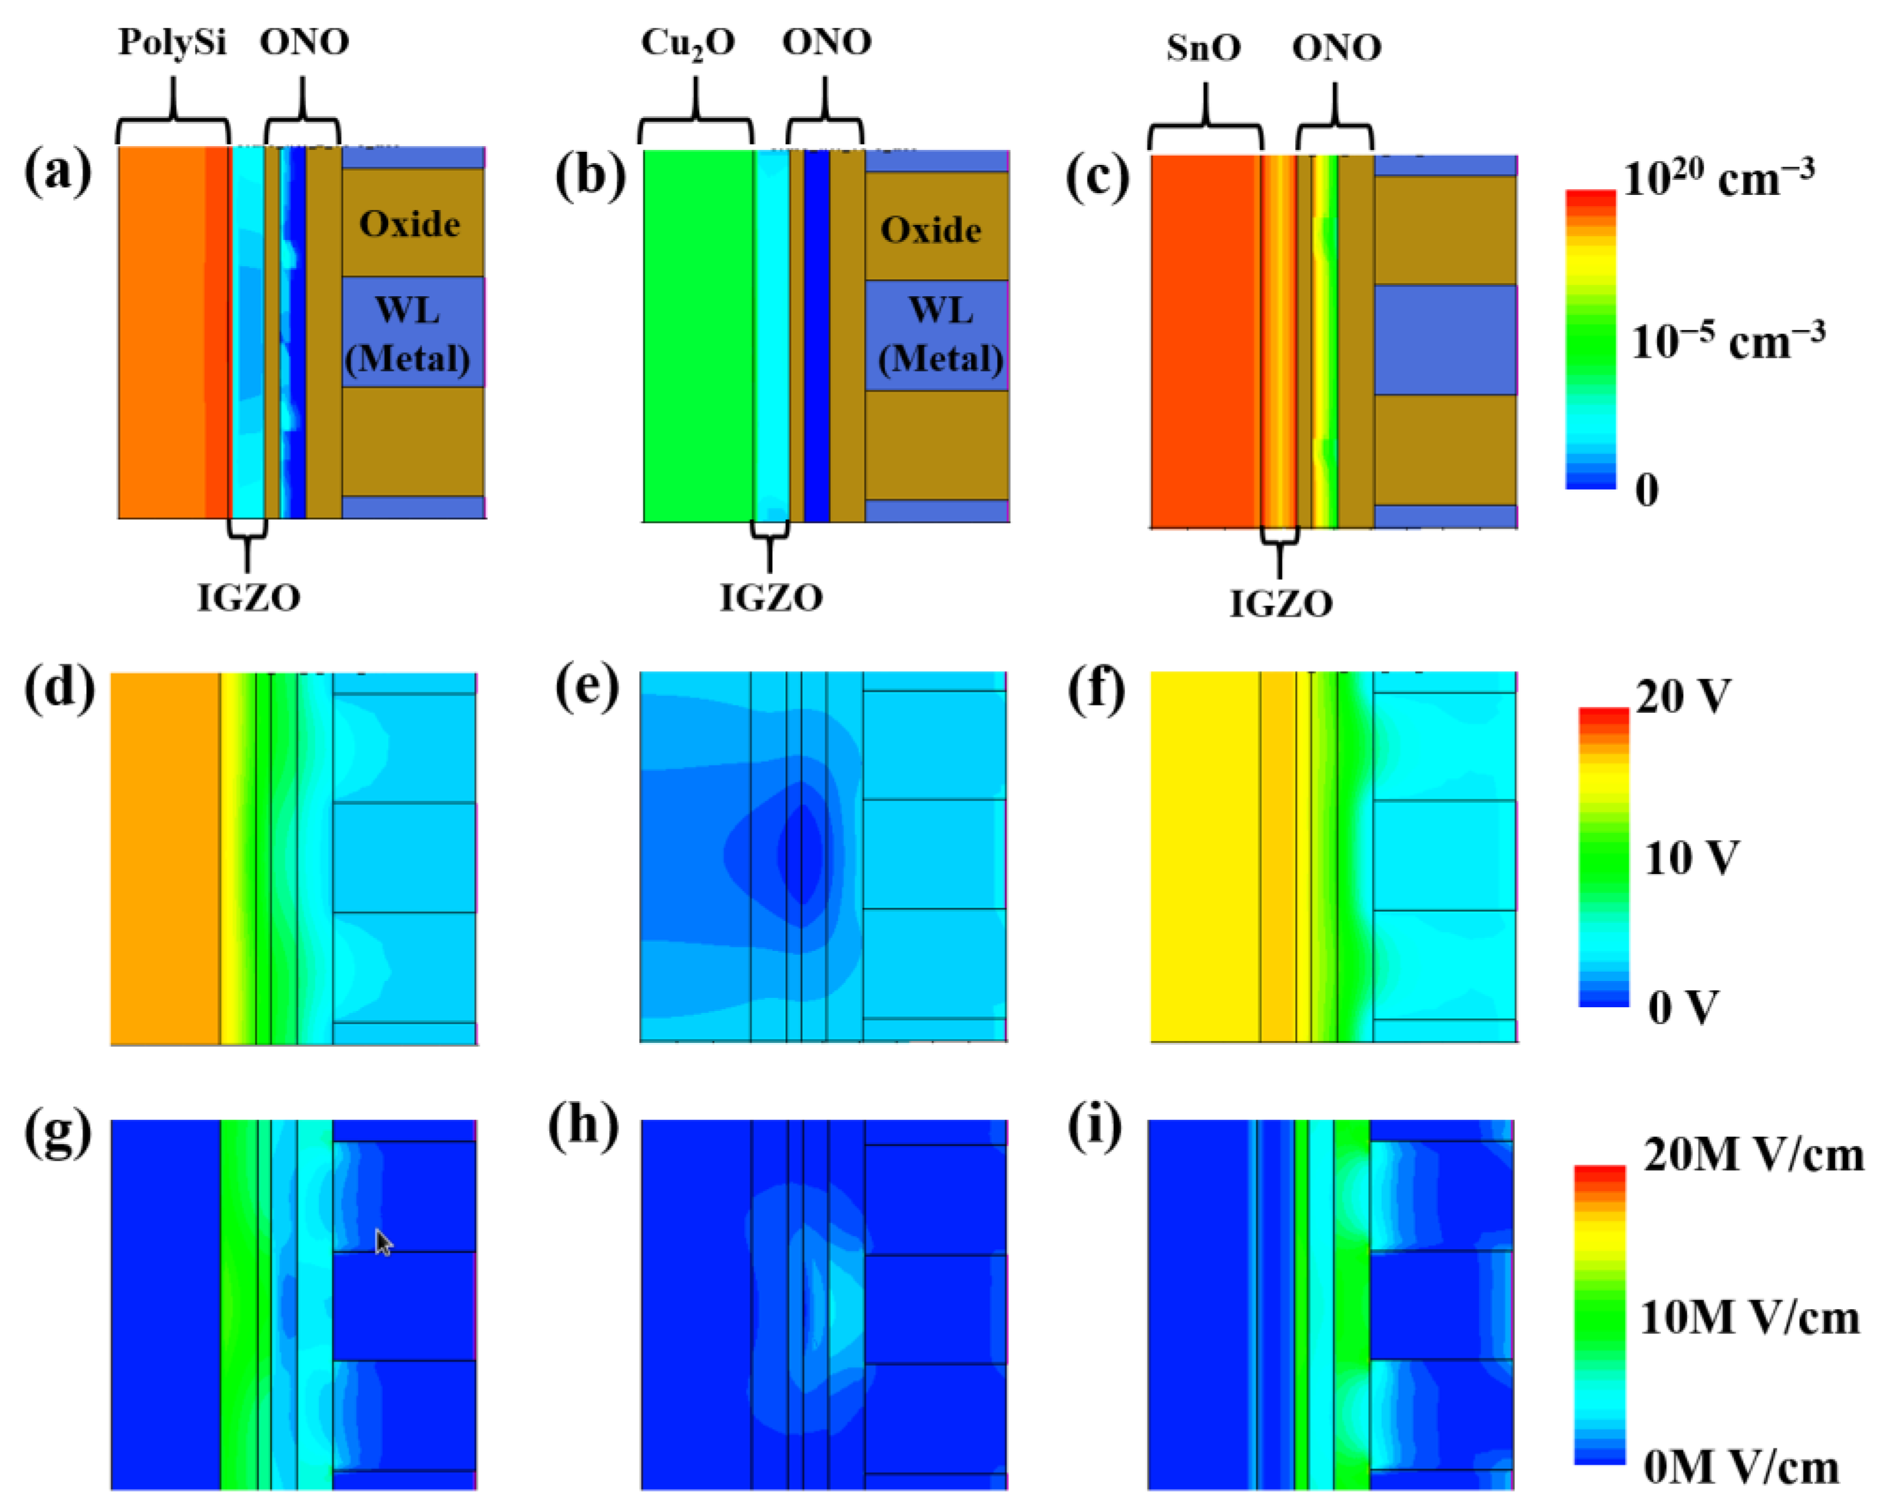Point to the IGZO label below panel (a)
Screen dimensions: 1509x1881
pos(249,599)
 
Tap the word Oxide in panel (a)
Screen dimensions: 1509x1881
pos(409,225)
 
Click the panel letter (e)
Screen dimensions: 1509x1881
pos(586,688)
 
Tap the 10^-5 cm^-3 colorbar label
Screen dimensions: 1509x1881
pos(1727,341)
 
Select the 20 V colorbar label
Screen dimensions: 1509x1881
pos(1682,697)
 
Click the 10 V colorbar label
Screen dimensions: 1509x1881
pos(1691,858)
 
